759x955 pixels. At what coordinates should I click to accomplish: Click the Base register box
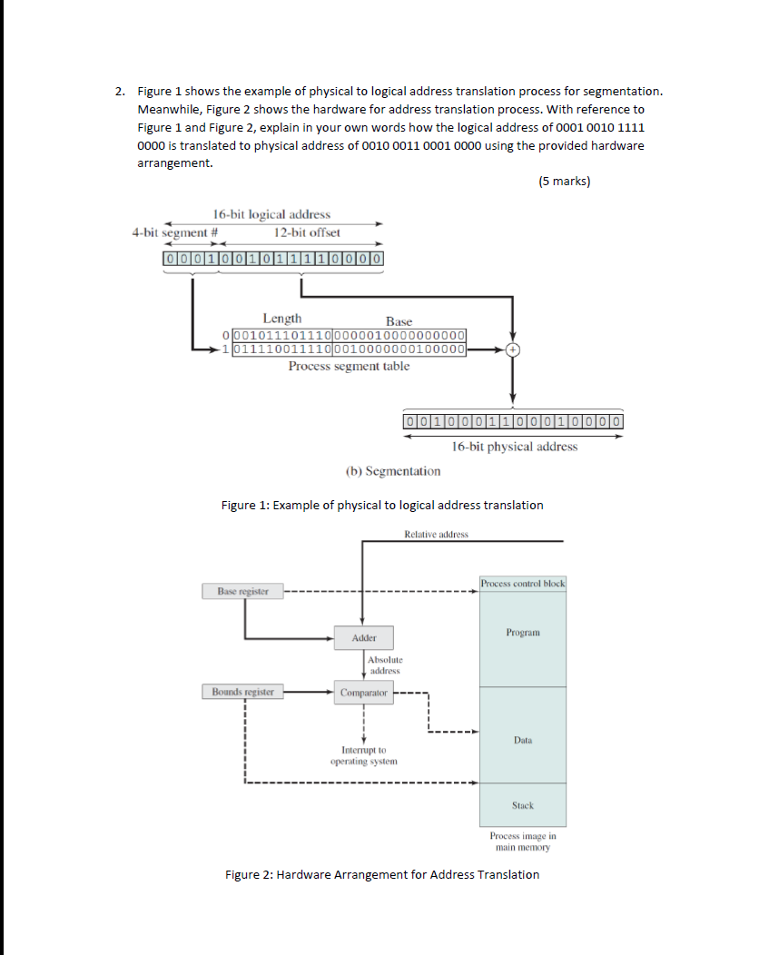point(242,592)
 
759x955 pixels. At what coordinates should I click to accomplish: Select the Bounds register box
point(241,692)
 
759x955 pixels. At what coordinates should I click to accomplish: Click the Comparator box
point(363,693)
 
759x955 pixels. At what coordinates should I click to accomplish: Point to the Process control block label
point(523,583)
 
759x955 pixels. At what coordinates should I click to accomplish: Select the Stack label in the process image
point(523,805)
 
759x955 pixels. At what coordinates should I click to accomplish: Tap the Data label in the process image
point(523,741)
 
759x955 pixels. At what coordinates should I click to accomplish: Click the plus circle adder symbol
point(513,350)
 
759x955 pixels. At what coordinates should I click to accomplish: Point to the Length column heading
point(282,319)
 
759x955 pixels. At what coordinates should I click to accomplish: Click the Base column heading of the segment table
point(399,321)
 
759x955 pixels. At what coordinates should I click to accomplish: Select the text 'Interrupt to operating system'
point(363,755)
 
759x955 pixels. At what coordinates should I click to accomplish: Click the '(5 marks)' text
point(564,182)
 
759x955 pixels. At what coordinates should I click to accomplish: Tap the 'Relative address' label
point(437,534)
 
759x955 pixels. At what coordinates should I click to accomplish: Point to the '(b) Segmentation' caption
point(393,471)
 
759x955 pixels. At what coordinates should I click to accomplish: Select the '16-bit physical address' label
point(514,446)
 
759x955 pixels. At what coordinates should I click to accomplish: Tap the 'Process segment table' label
point(349,367)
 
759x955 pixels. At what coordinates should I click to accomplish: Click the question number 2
point(119,92)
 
